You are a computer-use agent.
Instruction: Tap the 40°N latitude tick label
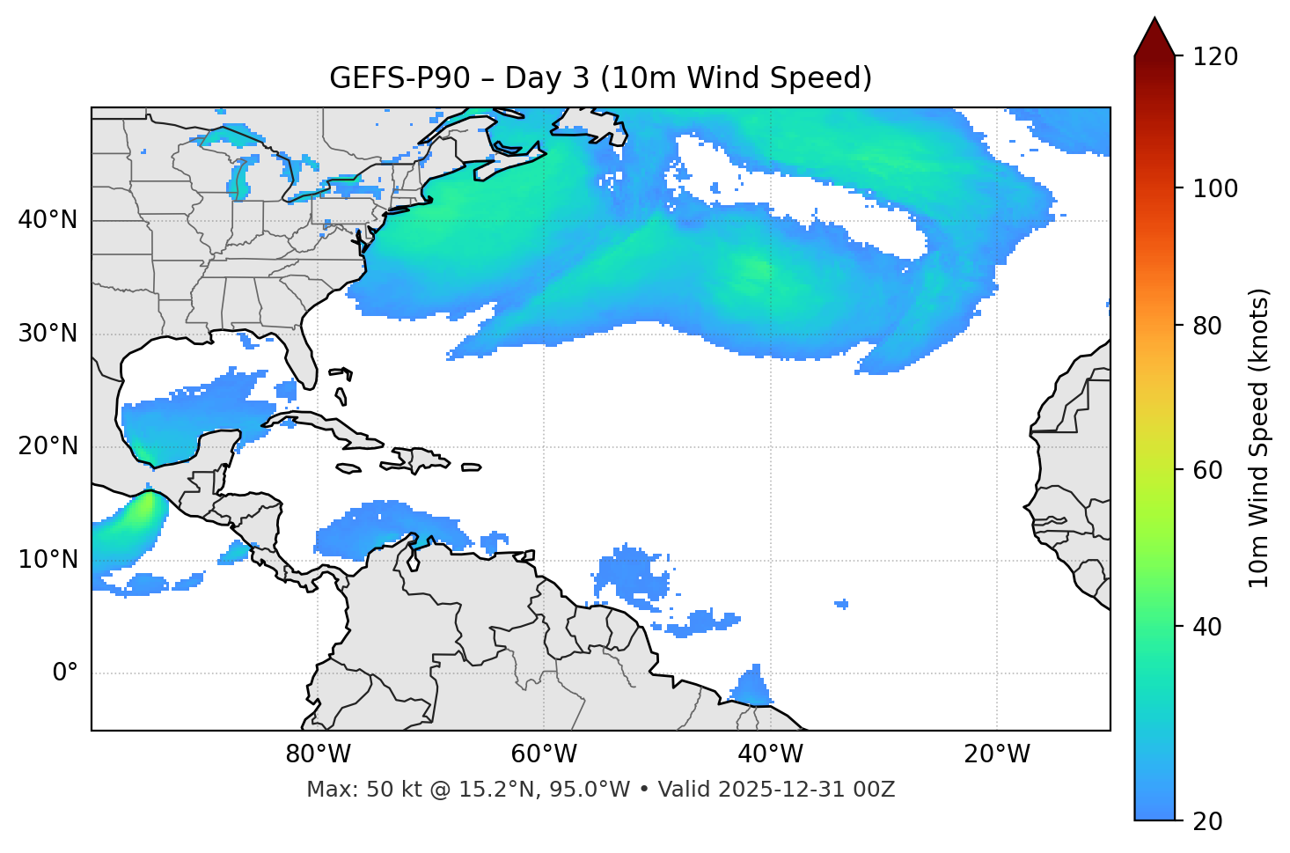point(48,220)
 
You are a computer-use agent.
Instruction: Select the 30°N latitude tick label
point(48,334)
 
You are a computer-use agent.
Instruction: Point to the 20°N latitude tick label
point(48,446)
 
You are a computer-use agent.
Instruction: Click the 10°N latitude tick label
point(48,560)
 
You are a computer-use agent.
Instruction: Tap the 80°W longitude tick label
point(318,754)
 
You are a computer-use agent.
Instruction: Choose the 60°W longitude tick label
point(544,754)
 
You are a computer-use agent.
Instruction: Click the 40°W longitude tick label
point(771,754)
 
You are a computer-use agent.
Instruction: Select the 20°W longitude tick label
point(997,754)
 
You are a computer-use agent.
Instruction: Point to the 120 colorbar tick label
point(1215,57)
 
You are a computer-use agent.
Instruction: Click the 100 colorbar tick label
point(1215,188)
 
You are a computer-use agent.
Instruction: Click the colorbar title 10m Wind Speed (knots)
point(1259,438)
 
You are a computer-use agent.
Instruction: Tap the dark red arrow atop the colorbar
point(1154,38)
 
